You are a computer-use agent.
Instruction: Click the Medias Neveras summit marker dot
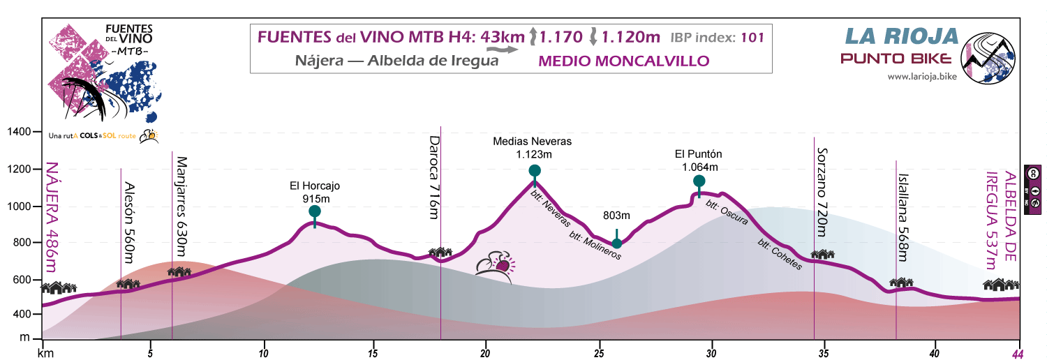(535, 171)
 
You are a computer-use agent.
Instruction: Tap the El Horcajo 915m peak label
(315, 192)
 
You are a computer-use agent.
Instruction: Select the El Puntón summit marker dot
(699, 181)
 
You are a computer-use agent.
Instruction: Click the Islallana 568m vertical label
(903, 217)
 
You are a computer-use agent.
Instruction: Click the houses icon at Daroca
(441, 253)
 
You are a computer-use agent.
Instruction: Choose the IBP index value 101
(751, 37)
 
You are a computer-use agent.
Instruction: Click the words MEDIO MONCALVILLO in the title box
(624, 61)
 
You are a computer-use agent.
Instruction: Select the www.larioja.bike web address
(921, 76)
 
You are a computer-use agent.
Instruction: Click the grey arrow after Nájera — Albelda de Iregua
(502, 50)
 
